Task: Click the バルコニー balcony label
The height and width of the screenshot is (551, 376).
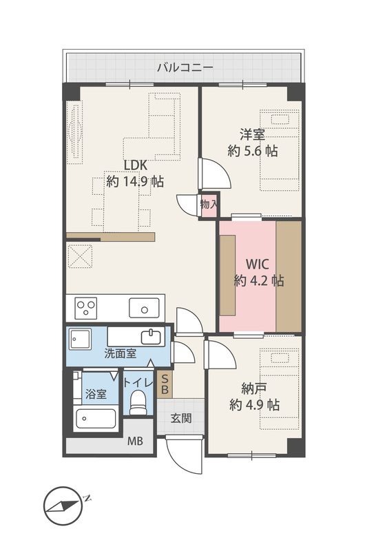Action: click(x=185, y=67)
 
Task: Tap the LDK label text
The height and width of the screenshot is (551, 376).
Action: click(x=135, y=165)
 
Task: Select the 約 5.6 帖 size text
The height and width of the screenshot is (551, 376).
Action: click(x=253, y=151)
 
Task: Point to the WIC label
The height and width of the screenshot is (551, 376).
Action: click(x=258, y=264)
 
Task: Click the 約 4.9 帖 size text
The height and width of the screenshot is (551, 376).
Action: click(x=254, y=405)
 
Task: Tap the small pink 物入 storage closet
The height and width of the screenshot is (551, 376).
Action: click(x=209, y=205)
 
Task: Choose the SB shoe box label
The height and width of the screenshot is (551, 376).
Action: click(x=165, y=384)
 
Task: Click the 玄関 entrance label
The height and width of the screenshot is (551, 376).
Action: click(x=181, y=418)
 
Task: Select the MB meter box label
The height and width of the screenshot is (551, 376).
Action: click(x=135, y=441)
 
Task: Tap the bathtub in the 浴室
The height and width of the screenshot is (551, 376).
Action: click(x=96, y=418)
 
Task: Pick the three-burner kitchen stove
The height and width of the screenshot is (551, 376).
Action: click(x=86, y=308)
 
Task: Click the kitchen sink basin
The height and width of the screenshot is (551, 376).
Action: click(x=144, y=308)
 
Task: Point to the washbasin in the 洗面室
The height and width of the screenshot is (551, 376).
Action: click(x=151, y=337)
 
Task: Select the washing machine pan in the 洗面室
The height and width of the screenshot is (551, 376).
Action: click(x=80, y=339)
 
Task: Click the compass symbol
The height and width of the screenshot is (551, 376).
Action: click(x=63, y=506)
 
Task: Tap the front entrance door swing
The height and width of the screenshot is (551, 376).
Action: click(x=185, y=456)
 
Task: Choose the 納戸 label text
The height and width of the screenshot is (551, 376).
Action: click(x=253, y=388)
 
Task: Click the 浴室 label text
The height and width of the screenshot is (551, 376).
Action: click(x=96, y=393)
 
